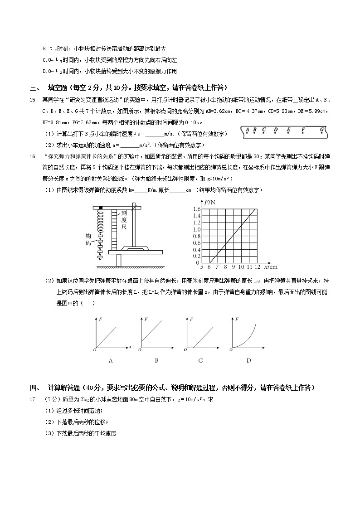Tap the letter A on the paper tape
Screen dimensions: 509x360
248,130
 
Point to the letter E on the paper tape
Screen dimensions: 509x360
288,130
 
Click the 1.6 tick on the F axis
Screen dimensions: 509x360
197,209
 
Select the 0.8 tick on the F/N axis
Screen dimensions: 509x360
197,236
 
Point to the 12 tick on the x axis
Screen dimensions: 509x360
257,267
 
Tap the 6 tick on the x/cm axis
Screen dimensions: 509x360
209,267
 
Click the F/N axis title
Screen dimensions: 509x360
209,202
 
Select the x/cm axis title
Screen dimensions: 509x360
270,267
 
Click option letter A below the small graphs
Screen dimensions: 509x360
110,361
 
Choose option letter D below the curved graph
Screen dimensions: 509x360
248,361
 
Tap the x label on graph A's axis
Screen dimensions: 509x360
130,347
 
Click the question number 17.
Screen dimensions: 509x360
33,399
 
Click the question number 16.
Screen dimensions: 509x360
33,156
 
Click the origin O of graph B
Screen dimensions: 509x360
141,350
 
